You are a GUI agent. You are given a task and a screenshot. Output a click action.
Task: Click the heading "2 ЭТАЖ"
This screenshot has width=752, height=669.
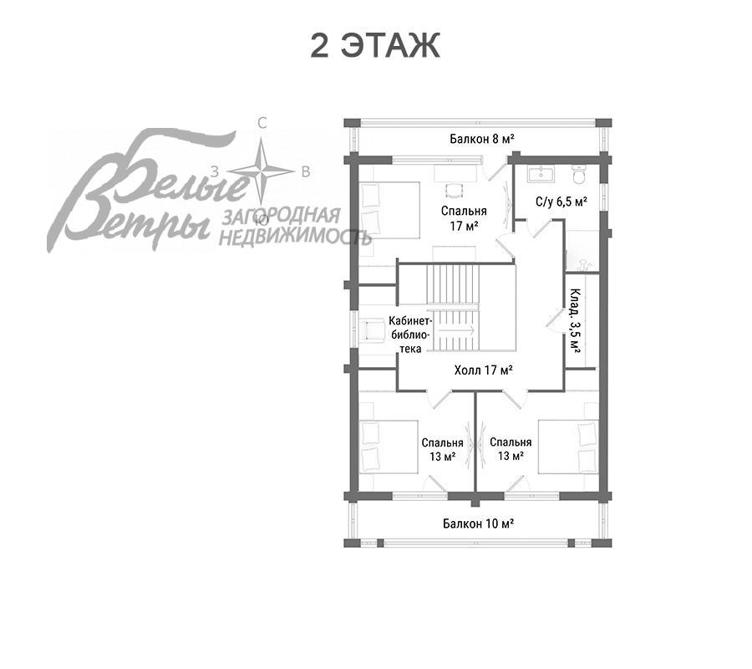[x=375, y=46]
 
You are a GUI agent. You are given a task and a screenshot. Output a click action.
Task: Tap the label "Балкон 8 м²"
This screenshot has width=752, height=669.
[x=482, y=139]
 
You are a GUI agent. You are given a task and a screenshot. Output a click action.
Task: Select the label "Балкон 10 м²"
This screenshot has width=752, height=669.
[x=478, y=523]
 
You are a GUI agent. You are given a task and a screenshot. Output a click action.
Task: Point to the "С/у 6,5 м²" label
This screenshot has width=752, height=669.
[x=561, y=202]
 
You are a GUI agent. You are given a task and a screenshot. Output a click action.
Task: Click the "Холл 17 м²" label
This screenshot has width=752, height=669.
[x=484, y=370]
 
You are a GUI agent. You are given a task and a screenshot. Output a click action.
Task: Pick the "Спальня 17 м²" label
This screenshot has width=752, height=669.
[x=464, y=218]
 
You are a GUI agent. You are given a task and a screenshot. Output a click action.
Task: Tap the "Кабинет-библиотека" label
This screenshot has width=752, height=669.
[x=411, y=334]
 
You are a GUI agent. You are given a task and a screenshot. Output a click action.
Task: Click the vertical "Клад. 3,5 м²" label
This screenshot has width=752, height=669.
[x=575, y=321]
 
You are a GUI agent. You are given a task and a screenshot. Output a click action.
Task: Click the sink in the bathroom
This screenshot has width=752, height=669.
[x=541, y=174]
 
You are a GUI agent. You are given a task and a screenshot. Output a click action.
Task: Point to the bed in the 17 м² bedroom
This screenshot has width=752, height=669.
[x=389, y=210]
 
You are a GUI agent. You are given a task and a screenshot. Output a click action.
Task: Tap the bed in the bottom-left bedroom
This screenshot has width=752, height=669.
[x=389, y=447]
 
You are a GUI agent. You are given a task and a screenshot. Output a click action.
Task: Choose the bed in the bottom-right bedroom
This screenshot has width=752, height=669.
[x=568, y=447]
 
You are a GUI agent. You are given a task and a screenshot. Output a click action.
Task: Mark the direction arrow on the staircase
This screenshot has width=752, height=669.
[x=455, y=330]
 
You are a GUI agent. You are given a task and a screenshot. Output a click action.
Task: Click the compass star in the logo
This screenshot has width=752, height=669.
[x=261, y=171]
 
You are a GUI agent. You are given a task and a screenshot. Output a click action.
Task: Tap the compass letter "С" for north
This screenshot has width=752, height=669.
[x=262, y=124]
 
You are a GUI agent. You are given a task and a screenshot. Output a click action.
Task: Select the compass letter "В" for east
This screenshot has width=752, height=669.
[x=306, y=171]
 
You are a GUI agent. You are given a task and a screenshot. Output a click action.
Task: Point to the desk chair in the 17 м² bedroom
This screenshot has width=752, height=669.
[x=454, y=191]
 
